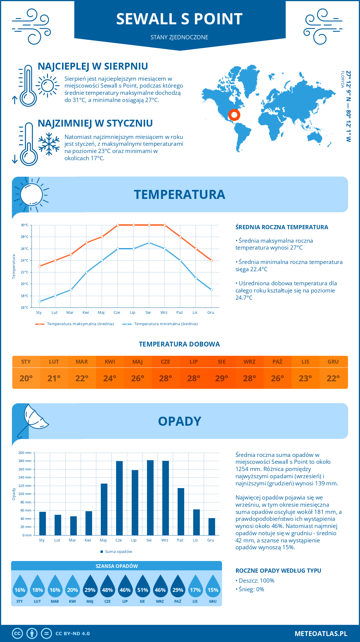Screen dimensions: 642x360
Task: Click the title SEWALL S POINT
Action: coord(179,19)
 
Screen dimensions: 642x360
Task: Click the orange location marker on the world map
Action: coord(234,115)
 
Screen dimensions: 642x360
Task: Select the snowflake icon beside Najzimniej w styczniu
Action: coord(49,144)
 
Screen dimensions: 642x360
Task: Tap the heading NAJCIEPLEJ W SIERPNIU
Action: coord(93,66)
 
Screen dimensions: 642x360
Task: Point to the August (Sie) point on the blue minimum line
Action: coord(149,243)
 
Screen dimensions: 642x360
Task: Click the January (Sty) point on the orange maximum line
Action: coord(40,266)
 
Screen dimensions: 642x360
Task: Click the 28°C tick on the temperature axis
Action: coord(25,237)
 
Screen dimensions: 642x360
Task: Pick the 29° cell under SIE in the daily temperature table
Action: coord(221,378)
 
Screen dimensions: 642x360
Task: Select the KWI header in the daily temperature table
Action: coord(110,362)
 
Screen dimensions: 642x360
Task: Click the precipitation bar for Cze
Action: coord(119,498)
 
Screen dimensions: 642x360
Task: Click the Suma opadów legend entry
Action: coord(118,552)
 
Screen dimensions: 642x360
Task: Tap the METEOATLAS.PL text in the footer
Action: coord(321,634)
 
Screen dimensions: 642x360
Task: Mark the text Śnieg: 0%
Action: coord(251,589)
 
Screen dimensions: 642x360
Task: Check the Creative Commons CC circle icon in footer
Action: coord(17,634)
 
